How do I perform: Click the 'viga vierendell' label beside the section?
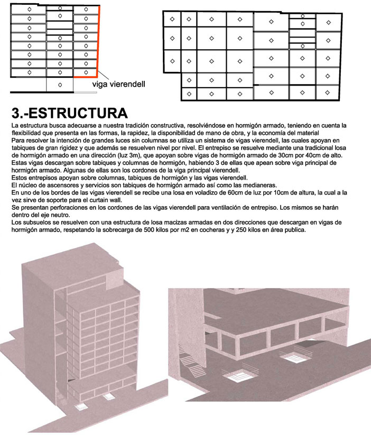click(x=118, y=84)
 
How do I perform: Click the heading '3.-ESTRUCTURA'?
click(x=69, y=114)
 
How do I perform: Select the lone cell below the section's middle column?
click(x=60, y=85)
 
